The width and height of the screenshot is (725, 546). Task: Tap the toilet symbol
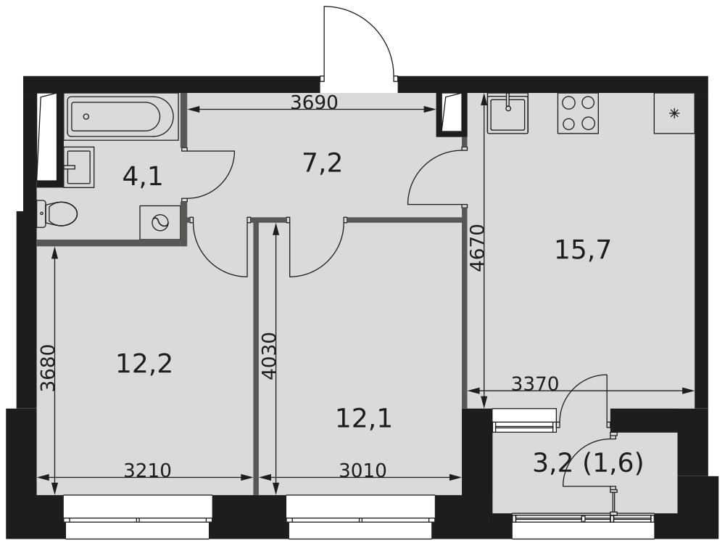point(57,213)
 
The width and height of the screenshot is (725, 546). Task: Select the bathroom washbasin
point(78,167)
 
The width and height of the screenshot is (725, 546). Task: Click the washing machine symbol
point(160,223)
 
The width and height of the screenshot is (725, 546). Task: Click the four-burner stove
point(578,113)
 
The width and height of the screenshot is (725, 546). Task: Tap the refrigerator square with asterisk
point(674,113)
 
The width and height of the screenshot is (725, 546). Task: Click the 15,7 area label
point(583,250)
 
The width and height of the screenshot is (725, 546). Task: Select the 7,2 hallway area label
point(323,163)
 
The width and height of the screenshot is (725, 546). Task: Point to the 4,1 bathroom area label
point(142,176)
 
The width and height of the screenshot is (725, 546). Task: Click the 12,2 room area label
point(144,363)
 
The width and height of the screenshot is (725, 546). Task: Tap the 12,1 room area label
point(364,418)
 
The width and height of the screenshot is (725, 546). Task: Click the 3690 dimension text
point(315,102)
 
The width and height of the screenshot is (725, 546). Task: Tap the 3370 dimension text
point(536,383)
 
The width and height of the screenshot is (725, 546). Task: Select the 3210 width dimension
point(147,470)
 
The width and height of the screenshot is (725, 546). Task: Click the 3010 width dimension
point(362,470)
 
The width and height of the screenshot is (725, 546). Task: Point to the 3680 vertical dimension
point(47,368)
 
